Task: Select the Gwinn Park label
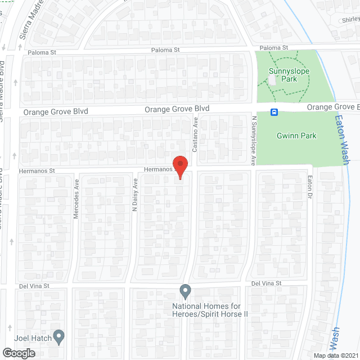tap(296, 136)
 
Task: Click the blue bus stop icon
tap(274, 112)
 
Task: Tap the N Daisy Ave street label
tap(135, 195)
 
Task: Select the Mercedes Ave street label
tap(76, 199)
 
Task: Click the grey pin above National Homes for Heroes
tap(185, 291)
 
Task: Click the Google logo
tap(18, 353)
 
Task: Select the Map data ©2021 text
tap(335, 355)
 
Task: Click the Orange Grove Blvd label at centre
tap(177, 109)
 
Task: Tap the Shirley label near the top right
tap(350, 19)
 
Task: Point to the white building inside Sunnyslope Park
tap(273, 80)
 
